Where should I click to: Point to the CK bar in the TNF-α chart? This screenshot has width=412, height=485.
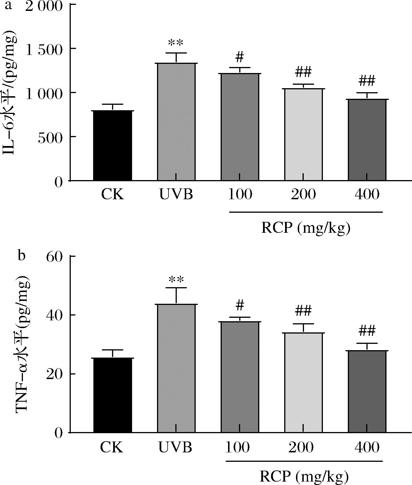pos(113,395)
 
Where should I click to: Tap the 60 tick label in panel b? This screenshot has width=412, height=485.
pos(54,257)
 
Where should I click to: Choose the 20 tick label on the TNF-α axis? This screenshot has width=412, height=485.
pos(54,374)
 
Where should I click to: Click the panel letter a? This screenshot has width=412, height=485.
pos(9,5)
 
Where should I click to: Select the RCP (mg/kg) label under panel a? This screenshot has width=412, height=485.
pos(306,229)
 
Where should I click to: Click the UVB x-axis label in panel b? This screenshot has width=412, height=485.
pos(175,447)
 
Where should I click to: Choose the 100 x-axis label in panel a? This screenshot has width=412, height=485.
pos(240,195)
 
